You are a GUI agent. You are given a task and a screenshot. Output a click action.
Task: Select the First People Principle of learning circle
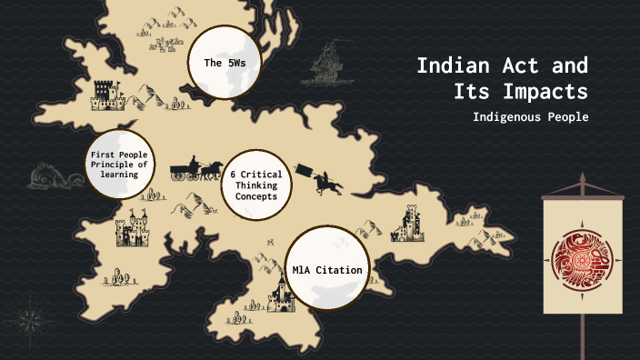pyautogui.click(x=120, y=165)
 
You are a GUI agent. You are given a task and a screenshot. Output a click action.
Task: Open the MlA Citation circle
pyautogui.click(x=328, y=270)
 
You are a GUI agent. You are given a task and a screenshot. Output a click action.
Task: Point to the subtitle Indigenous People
pyautogui.click(x=530, y=117)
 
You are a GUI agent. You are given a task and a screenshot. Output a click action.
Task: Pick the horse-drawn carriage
pyautogui.click(x=194, y=167)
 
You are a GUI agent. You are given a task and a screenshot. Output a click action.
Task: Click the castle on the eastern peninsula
pyautogui.click(x=407, y=223)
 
